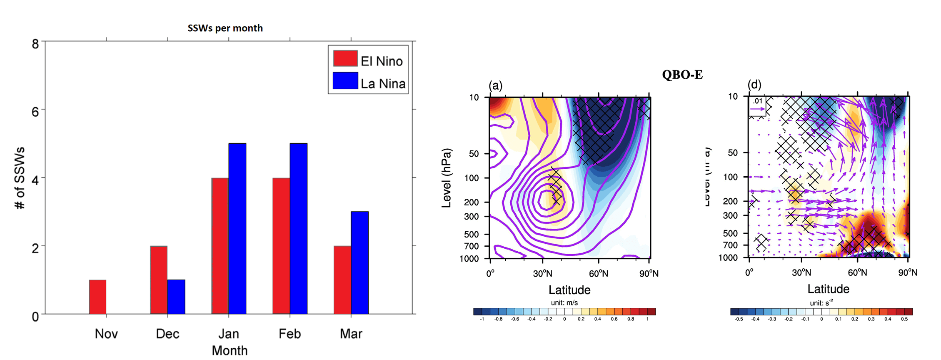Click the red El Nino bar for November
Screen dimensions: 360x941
click(x=97, y=297)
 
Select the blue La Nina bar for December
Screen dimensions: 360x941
click(x=176, y=297)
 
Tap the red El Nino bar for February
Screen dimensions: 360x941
click(x=281, y=246)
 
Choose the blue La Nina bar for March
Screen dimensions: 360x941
click(x=359, y=262)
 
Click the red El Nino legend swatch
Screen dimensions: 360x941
click(x=345, y=59)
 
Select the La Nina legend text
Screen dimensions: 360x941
click(x=383, y=84)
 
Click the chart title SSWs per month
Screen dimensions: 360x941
click(x=225, y=28)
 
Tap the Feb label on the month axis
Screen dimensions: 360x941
click(x=290, y=334)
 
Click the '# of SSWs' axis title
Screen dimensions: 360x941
click(x=20, y=178)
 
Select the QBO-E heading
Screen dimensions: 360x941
click(x=682, y=75)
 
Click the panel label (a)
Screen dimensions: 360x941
click(x=495, y=85)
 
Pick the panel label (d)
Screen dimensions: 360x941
click(x=754, y=85)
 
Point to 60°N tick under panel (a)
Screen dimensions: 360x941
click(x=598, y=273)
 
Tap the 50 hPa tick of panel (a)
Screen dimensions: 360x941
click(x=474, y=154)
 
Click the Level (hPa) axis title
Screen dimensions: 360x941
click(x=446, y=178)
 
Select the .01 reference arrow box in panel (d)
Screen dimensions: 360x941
click(x=757, y=106)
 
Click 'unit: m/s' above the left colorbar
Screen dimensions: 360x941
click(x=564, y=302)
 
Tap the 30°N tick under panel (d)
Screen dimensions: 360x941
click(x=801, y=272)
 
